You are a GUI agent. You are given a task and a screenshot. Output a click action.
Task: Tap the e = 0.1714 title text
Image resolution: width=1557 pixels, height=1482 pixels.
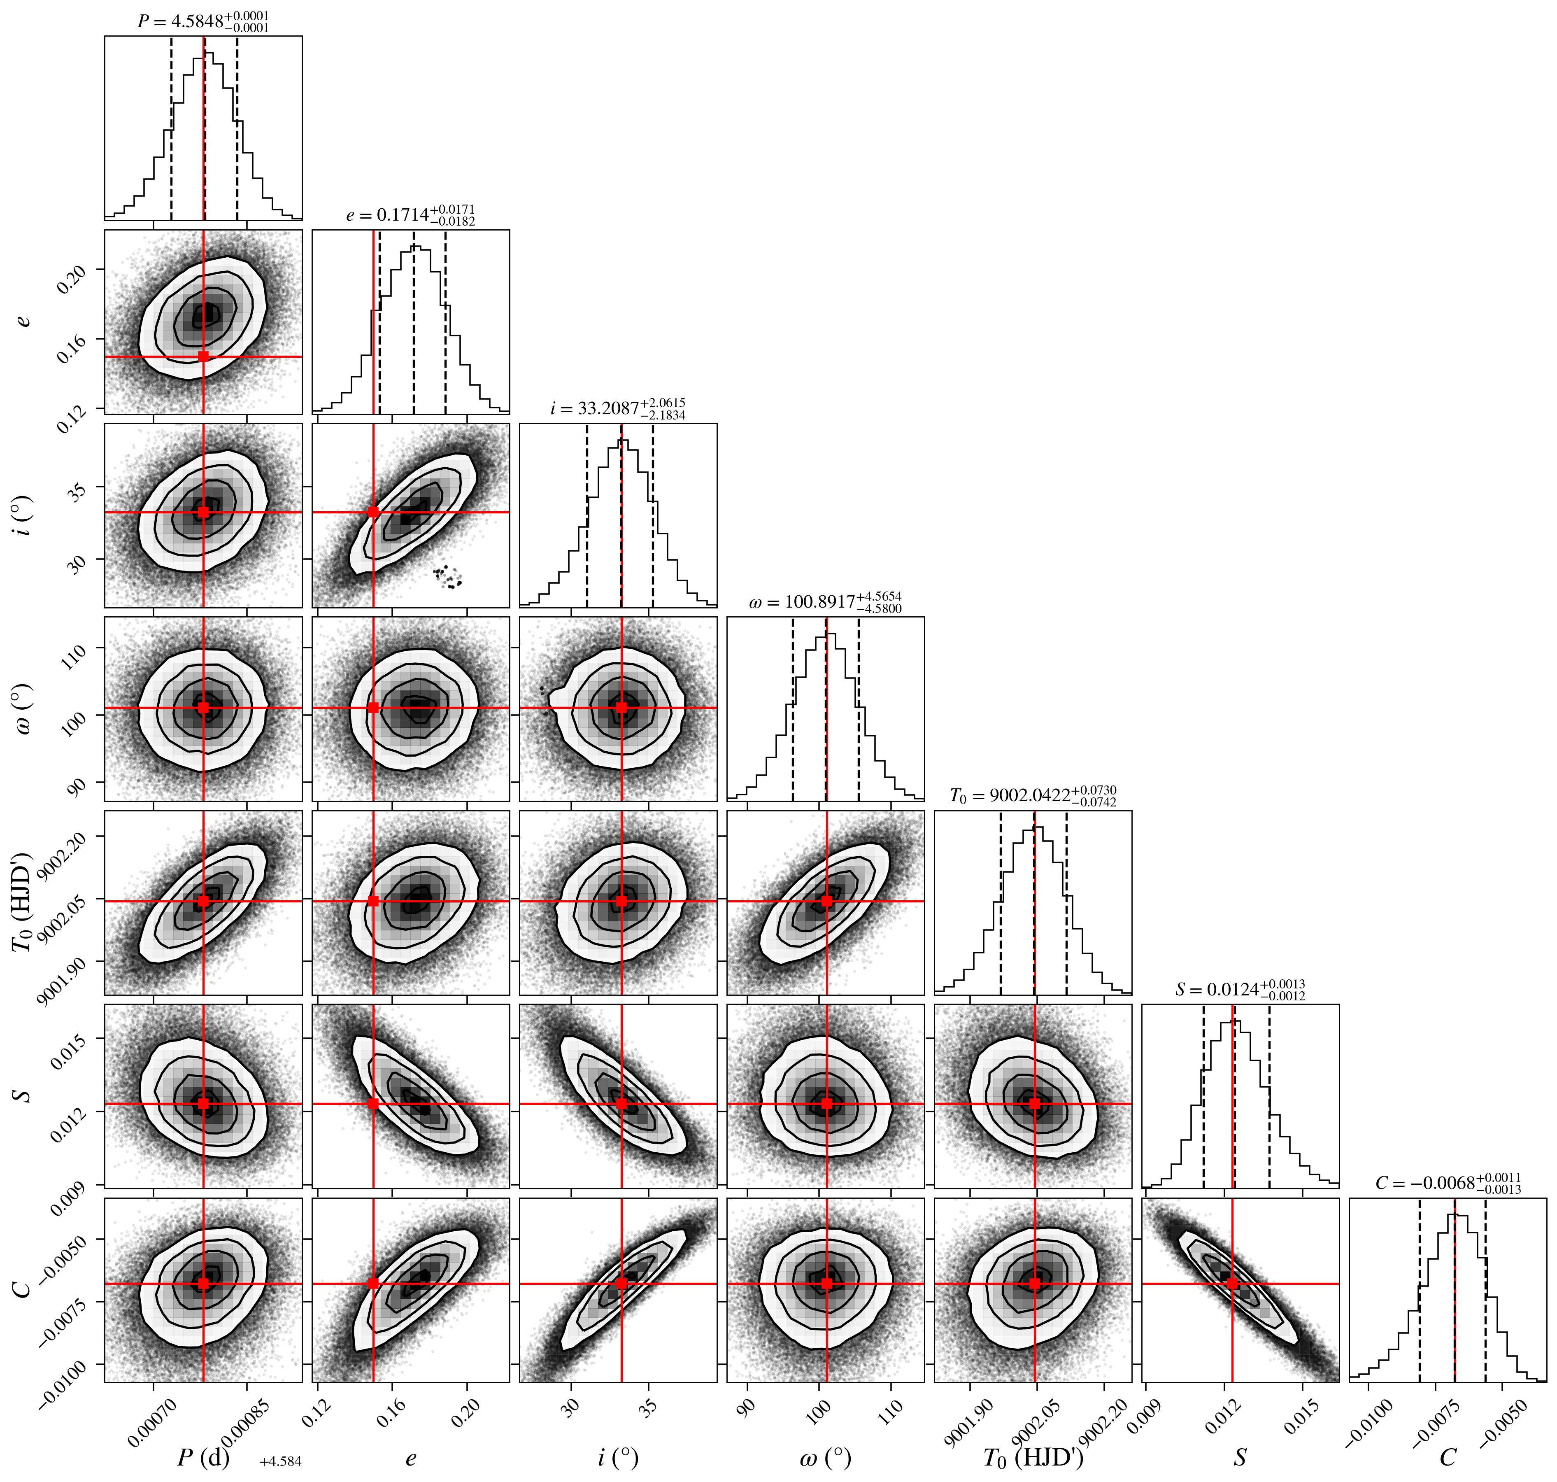tap(411, 215)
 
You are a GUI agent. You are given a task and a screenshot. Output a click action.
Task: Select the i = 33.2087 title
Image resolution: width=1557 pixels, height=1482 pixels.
tap(618, 408)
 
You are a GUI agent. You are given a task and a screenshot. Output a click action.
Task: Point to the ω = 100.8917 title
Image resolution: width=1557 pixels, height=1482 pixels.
tap(825, 602)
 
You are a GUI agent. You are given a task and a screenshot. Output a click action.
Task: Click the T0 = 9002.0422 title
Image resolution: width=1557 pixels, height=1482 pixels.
tap(1033, 795)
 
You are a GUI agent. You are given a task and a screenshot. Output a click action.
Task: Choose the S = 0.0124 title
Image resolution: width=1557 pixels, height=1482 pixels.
tap(1240, 989)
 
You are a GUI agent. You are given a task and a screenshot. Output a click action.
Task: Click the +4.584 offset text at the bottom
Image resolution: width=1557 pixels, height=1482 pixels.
tap(280, 1461)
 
